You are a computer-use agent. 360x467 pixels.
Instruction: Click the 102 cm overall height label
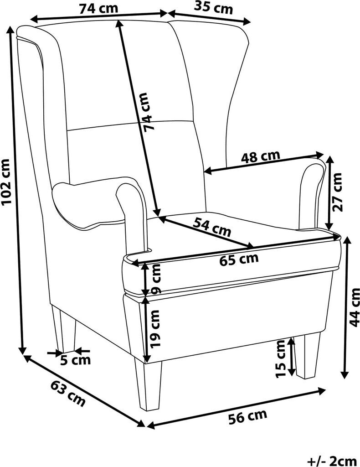point(6,182)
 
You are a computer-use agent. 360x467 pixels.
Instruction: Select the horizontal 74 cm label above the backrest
point(98,8)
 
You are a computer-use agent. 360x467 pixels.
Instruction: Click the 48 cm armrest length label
point(260,157)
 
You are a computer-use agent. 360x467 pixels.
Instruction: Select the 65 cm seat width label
point(239,260)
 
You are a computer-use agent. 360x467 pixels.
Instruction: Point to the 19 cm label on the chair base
point(155,329)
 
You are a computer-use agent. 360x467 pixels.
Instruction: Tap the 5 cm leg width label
point(76,360)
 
